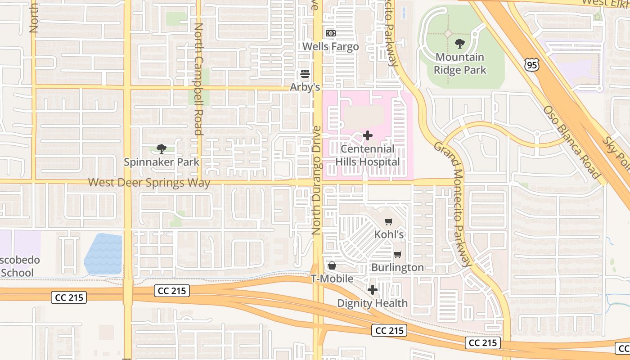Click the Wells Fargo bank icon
click(x=331, y=33)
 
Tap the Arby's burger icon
click(x=305, y=74)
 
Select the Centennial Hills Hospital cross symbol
click(x=368, y=135)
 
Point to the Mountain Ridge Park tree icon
click(x=459, y=44)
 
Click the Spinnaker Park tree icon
click(x=161, y=149)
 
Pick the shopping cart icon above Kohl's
click(x=389, y=221)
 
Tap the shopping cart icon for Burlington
click(x=398, y=255)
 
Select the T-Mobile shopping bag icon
click(x=332, y=266)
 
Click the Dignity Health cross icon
click(x=373, y=290)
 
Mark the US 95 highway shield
click(x=531, y=65)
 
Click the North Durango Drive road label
click(x=316, y=180)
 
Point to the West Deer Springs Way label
click(x=149, y=183)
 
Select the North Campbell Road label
click(x=198, y=79)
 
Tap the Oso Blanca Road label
click(x=571, y=142)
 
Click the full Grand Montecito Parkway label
click(x=453, y=205)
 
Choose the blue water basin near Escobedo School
click(x=104, y=254)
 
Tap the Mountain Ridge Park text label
click(x=460, y=63)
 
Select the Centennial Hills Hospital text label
click(x=368, y=155)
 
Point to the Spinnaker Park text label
click(x=161, y=162)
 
